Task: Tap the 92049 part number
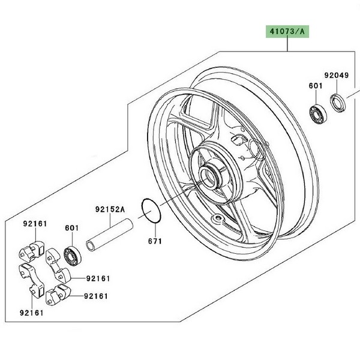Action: (x=336, y=76)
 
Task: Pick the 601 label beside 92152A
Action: (x=71, y=227)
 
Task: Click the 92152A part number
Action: (x=110, y=210)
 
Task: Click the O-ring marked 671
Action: (x=151, y=211)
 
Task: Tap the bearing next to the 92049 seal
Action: (x=315, y=113)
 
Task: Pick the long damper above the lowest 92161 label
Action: (x=31, y=276)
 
